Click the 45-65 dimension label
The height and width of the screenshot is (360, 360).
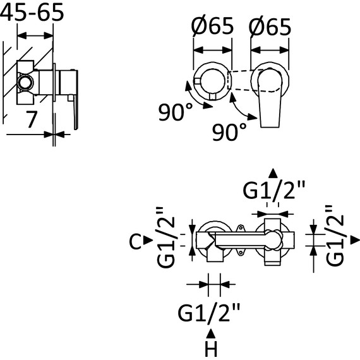[32, 12]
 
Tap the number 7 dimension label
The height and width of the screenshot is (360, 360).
[32, 119]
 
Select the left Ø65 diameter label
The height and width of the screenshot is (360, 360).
[212, 26]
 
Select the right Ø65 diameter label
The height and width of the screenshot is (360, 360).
[270, 27]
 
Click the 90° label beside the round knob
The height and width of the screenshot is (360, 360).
[176, 112]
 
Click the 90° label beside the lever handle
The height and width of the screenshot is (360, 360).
[229, 132]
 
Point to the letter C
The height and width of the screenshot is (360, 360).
[135, 241]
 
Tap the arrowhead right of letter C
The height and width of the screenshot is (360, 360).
[148, 241]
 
